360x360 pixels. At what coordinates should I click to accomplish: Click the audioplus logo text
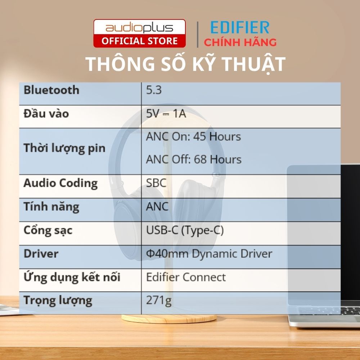tap(139, 28)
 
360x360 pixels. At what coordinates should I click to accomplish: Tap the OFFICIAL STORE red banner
tap(139, 41)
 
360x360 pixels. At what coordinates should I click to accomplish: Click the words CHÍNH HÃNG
tap(240, 42)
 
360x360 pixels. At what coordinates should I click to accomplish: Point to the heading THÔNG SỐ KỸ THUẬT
tap(185, 64)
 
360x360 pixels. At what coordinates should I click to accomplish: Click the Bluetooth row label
tap(51, 90)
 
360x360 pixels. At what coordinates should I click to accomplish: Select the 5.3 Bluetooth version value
tap(154, 90)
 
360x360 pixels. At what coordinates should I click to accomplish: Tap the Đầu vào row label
tap(46, 114)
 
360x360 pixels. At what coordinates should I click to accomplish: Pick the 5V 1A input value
tap(166, 114)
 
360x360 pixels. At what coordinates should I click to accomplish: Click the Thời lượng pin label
tap(64, 148)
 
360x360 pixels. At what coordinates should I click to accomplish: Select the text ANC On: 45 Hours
tap(193, 136)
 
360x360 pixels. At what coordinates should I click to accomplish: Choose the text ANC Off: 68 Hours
tap(194, 159)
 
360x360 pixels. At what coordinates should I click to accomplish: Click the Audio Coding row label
tap(60, 183)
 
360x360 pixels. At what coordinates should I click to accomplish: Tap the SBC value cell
tap(156, 183)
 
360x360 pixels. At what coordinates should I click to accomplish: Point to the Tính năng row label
tap(51, 207)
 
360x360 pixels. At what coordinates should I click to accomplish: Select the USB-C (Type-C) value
tap(185, 230)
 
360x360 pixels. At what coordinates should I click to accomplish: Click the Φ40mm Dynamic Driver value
tap(209, 253)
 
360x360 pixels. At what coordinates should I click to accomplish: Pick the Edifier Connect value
tap(186, 277)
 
